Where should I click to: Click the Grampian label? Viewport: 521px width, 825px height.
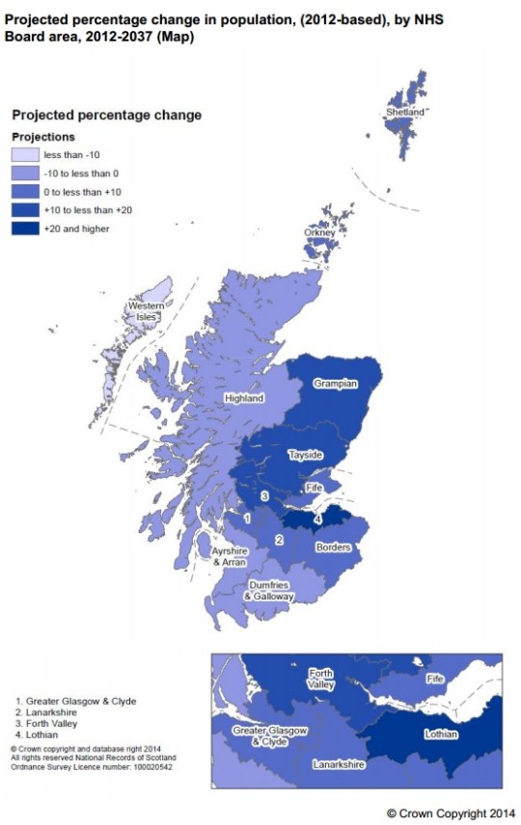[335, 384]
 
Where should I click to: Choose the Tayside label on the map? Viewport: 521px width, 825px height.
[305, 454]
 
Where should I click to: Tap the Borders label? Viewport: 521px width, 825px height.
[331, 546]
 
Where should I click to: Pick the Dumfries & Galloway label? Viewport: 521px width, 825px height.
[267, 591]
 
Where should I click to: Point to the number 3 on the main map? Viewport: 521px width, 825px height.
[265, 495]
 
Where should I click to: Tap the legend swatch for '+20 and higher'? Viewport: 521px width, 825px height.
[25, 228]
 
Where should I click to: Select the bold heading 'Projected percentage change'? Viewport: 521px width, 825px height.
[106, 115]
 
